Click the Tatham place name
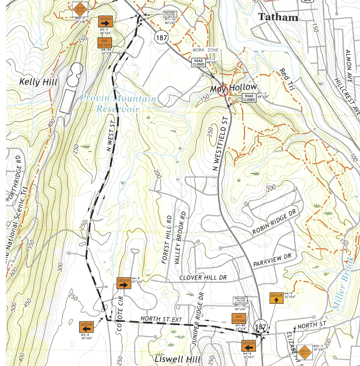[x=278, y=17]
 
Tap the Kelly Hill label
[x=38, y=81]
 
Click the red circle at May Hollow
[x=223, y=90]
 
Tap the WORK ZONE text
[x=207, y=50]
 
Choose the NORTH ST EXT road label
[x=161, y=319]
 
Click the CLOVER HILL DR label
[x=203, y=278]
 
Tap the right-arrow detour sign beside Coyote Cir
[x=123, y=283]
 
